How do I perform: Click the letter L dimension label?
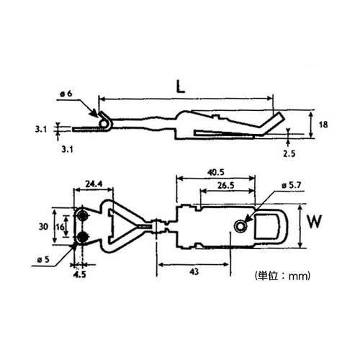coord(181,86)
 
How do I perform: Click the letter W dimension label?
coord(315,222)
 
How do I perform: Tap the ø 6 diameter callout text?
coord(66,94)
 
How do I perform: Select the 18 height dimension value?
coord(323,125)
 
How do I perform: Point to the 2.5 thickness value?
coord(289,153)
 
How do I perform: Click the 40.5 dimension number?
coord(216,172)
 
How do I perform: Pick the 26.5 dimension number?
coord(225,185)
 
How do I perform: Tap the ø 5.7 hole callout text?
coord(292,185)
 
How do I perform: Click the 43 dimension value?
coord(194,271)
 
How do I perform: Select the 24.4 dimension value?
coord(94,184)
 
